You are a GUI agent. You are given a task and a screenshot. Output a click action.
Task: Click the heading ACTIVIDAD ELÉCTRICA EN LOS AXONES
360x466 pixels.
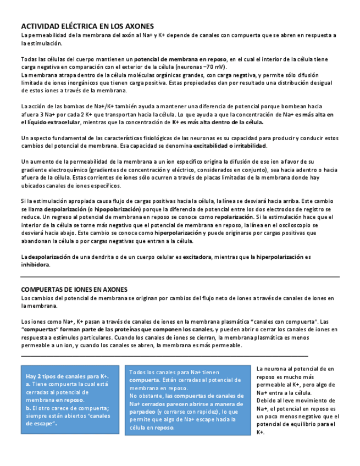click(87, 26)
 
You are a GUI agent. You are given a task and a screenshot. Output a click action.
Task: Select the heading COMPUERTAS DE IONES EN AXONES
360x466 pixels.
click(74, 289)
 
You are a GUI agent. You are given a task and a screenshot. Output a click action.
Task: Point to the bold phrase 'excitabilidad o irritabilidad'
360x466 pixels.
click(230, 146)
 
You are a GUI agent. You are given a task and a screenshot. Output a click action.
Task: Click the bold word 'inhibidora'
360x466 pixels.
click(35, 264)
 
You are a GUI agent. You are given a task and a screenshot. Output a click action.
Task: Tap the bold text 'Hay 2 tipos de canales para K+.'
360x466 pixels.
click(67, 376)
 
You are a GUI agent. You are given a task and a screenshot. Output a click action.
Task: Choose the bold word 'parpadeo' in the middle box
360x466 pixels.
click(142, 411)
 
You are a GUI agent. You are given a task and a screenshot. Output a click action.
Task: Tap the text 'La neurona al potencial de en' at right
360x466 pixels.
click(295, 369)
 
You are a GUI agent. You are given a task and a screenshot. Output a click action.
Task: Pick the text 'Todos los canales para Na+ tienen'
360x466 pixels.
click(174, 373)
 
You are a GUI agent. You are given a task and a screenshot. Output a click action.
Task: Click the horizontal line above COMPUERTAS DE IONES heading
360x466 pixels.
click(180, 277)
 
